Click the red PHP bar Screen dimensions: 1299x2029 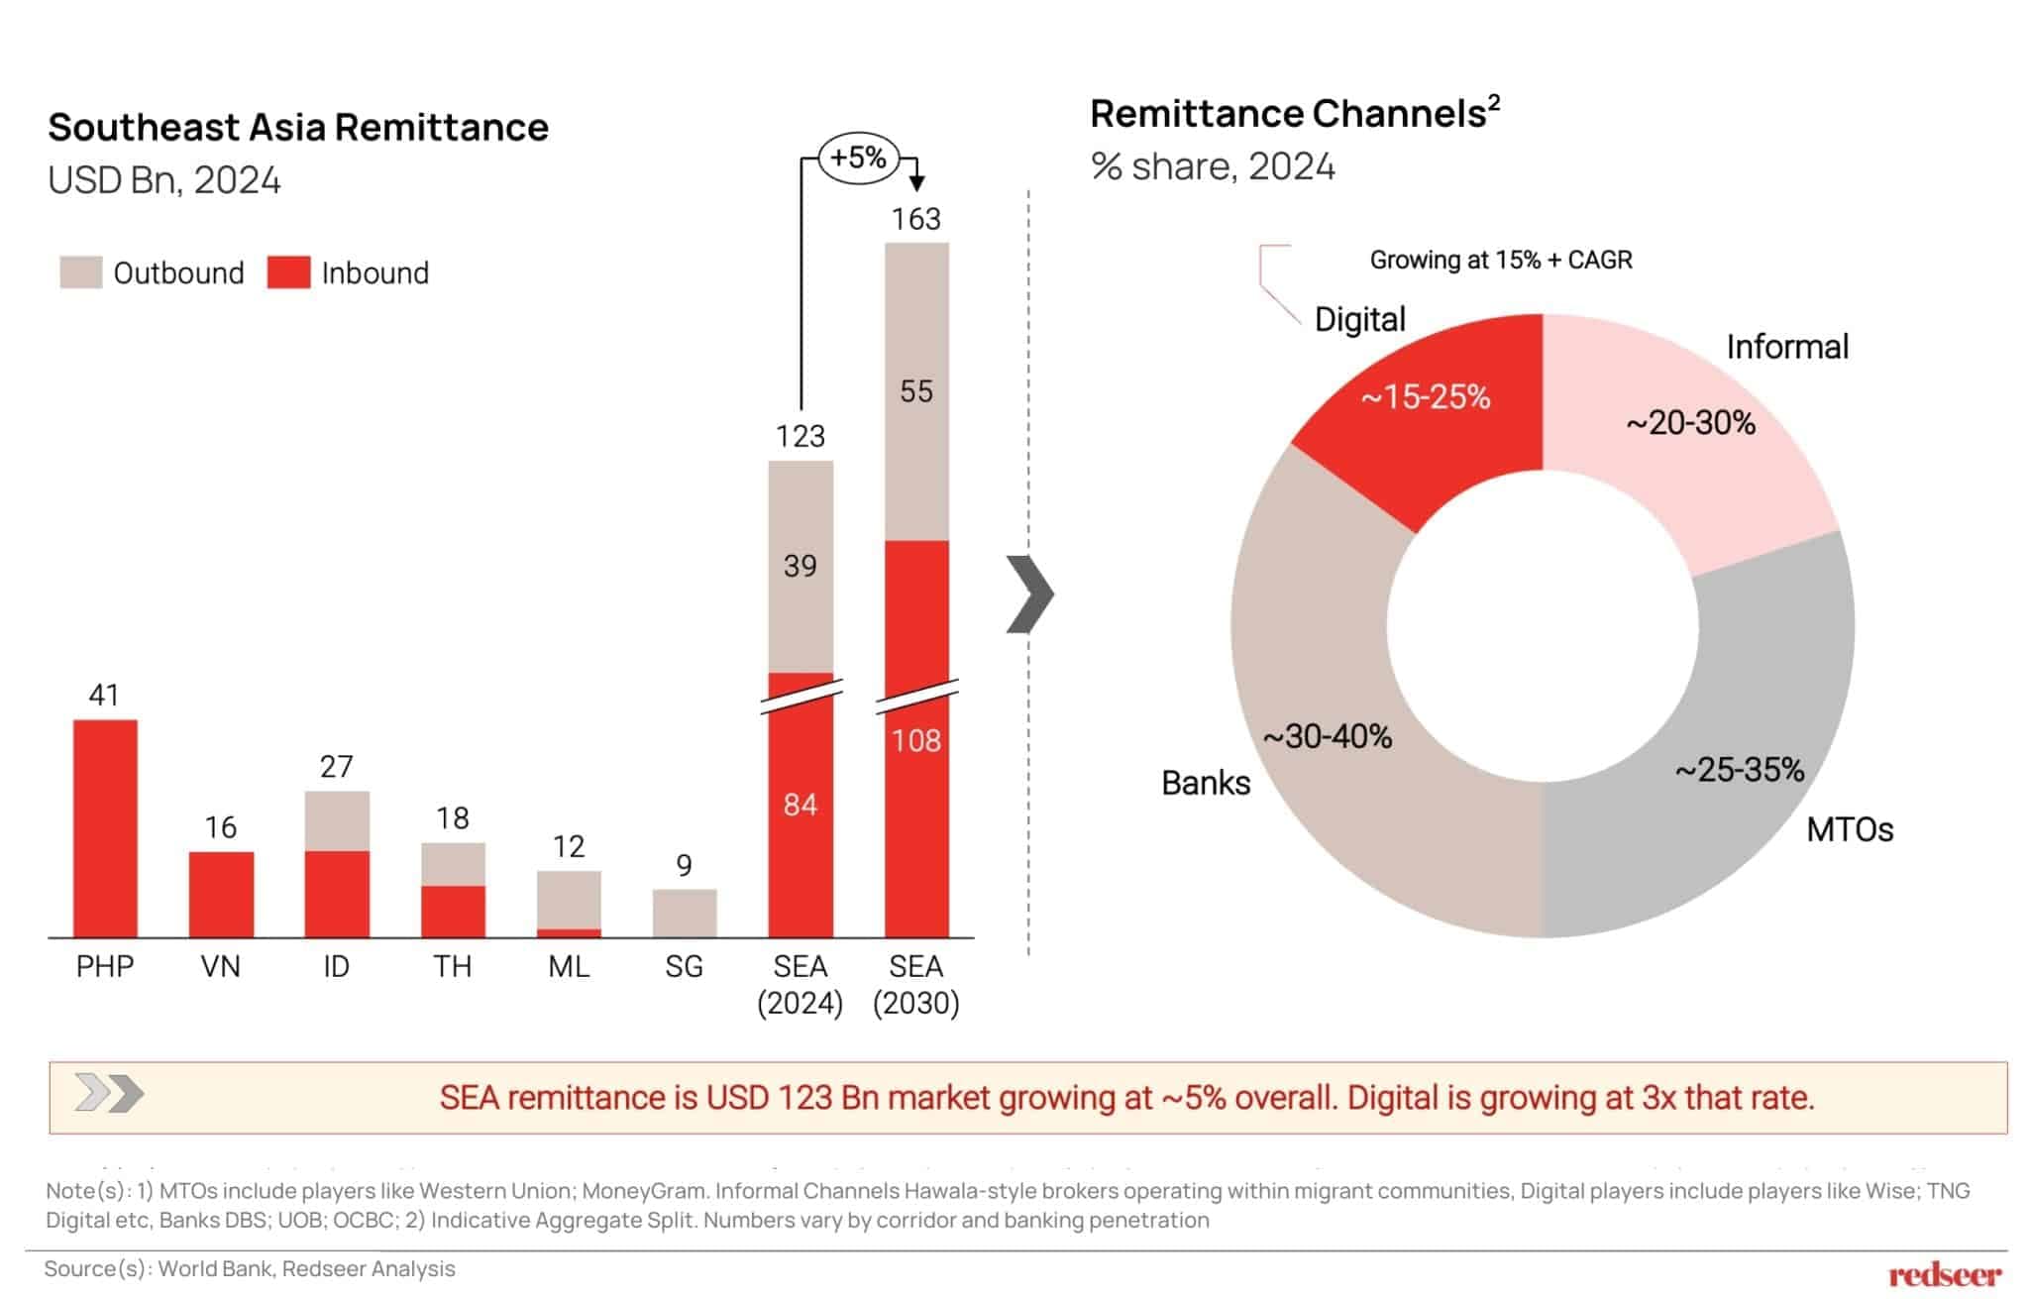pyautogui.click(x=105, y=827)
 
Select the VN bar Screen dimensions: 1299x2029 pyautogui.click(x=221, y=894)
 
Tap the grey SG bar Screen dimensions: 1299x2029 pyautogui.click(x=684, y=913)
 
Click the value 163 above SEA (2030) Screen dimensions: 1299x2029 pyautogui.click(x=915, y=219)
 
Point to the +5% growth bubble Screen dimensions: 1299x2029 pyautogui.click(x=858, y=158)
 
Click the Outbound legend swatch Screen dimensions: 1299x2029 pyautogui.click(x=80, y=272)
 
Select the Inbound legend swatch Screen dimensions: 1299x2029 pyautogui.click(x=288, y=272)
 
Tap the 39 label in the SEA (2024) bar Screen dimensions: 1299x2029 pyautogui.click(x=800, y=566)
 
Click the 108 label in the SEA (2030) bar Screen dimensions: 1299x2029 pyautogui.click(x=915, y=740)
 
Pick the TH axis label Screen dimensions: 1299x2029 pyautogui.click(x=452, y=966)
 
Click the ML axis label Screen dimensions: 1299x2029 pyautogui.click(x=569, y=966)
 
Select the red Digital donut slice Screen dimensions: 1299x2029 pyautogui.click(x=1437, y=416)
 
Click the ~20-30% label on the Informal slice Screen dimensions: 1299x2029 pyautogui.click(x=1690, y=423)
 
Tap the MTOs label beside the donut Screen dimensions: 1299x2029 pyautogui.click(x=1849, y=829)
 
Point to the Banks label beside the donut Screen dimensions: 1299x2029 pyautogui.click(x=1205, y=783)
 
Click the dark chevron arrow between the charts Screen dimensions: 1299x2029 pyautogui.click(x=1030, y=594)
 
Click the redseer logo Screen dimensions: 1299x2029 pyautogui.click(x=1944, y=1274)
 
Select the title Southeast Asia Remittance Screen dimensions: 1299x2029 pyautogui.click(x=298, y=128)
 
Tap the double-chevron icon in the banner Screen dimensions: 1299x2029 pyautogui.click(x=109, y=1094)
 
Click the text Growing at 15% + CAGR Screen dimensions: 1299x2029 pyautogui.click(x=1500, y=260)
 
